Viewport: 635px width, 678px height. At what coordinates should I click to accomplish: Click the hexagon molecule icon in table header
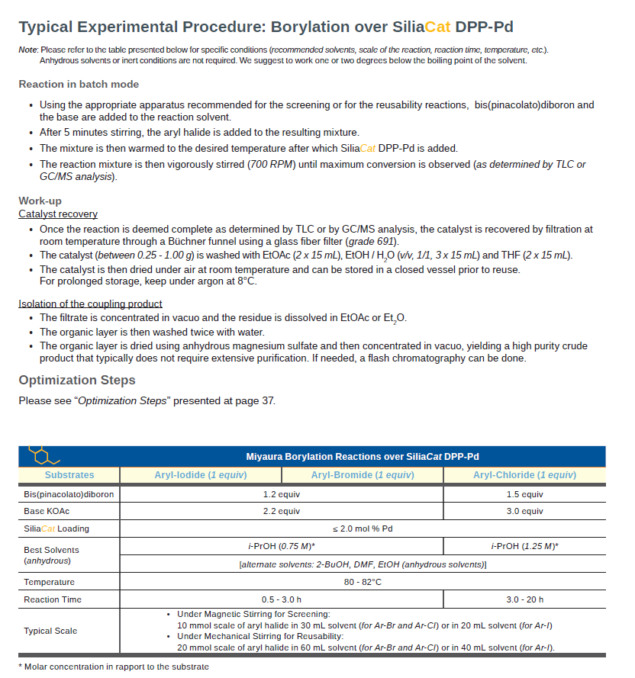coord(43,455)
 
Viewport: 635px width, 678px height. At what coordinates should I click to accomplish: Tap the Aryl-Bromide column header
coord(363,475)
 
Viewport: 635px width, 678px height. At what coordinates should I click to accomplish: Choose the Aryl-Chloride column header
coord(524,475)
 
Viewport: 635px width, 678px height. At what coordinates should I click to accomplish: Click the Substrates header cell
coord(69,475)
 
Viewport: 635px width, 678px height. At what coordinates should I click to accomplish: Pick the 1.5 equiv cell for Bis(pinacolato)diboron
coord(524,494)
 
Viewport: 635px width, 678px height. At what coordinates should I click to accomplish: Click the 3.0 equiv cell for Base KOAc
coord(524,511)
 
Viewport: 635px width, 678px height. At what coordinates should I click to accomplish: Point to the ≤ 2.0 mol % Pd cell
coord(363,529)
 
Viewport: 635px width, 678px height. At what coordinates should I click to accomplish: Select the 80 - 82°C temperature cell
coord(363,582)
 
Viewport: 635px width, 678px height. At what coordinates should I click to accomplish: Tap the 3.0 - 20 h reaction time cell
coord(524,599)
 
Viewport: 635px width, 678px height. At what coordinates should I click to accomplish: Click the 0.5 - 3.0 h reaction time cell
coord(282,599)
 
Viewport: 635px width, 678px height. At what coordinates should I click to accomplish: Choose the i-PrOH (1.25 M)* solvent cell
coord(524,546)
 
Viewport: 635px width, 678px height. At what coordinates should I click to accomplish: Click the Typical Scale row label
coord(50,631)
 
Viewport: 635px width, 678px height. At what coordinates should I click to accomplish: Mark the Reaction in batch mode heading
coord(79,84)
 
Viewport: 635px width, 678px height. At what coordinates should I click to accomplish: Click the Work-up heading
coord(40,201)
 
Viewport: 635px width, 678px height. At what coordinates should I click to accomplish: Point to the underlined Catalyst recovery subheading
coord(58,214)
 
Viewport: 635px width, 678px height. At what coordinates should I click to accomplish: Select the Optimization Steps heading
coord(77,380)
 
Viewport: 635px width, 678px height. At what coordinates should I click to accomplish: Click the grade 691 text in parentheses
coord(372,241)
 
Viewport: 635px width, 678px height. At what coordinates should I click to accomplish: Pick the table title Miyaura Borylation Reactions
coord(363,457)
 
